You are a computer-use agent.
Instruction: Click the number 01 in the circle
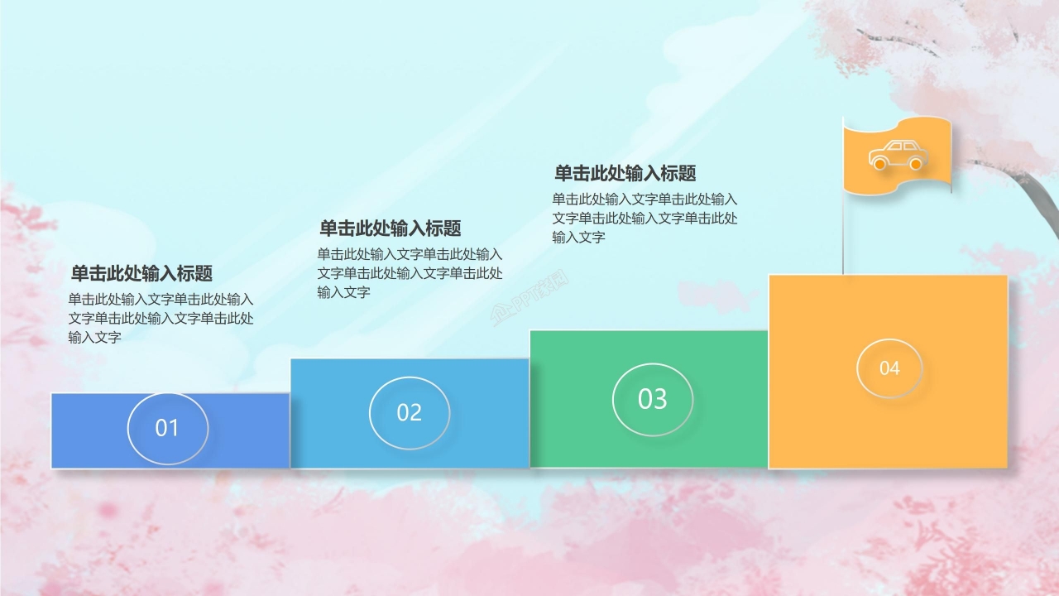click(167, 428)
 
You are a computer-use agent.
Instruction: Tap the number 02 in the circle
click(410, 412)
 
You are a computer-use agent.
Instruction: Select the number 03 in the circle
click(652, 399)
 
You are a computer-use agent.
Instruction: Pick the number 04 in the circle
click(889, 368)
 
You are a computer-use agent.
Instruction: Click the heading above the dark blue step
click(141, 274)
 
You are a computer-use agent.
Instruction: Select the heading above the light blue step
click(390, 228)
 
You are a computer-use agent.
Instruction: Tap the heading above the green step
click(625, 173)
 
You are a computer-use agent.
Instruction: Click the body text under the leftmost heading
click(161, 318)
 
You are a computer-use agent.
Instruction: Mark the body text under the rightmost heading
click(645, 218)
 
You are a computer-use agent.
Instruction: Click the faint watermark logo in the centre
click(530, 299)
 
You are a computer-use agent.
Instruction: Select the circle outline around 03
click(613, 399)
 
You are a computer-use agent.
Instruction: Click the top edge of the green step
click(649, 331)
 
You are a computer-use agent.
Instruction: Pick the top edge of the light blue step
click(410, 359)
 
